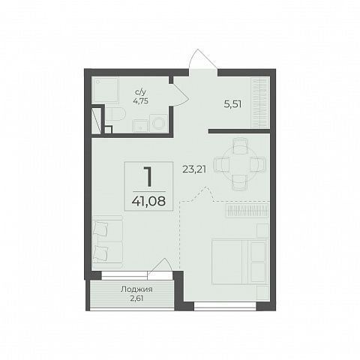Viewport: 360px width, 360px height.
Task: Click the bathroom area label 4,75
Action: (x=142, y=101)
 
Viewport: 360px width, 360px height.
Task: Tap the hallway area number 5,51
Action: (x=232, y=104)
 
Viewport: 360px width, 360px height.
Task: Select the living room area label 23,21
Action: (x=194, y=169)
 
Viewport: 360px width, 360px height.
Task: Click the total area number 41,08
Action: (x=148, y=201)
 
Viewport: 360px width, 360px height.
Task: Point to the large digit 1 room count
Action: (x=148, y=177)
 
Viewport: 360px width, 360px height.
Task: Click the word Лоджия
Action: (x=136, y=289)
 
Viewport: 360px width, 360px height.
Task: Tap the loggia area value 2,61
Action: (x=136, y=298)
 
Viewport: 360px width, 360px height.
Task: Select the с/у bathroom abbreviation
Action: (x=140, y=92)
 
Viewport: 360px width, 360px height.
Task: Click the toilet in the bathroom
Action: (x=115, y=114)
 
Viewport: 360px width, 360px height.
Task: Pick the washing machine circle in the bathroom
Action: (x=159, y=123)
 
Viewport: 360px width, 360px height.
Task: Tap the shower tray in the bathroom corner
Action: (x=105, y=90)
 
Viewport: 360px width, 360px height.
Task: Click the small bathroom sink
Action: (x=140, y=126)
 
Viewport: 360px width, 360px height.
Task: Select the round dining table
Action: (x=239, y=163)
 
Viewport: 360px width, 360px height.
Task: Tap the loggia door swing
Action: (x=160, y=266)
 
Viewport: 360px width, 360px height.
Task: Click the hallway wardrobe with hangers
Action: (x=260, y=103)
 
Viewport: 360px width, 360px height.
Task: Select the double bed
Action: (x=238, y=262)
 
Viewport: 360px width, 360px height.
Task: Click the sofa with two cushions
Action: (x=107, y=241)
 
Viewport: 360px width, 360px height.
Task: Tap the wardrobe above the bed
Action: (x=247, y=211)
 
